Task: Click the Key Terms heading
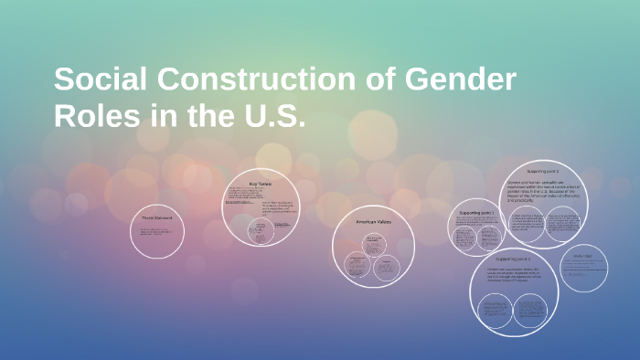tap(261, 183)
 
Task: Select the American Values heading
tap(373, 221)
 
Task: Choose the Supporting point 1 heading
tap(476, 212)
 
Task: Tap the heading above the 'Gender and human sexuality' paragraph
tap(543, 171)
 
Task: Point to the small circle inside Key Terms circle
tap(261, 233)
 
